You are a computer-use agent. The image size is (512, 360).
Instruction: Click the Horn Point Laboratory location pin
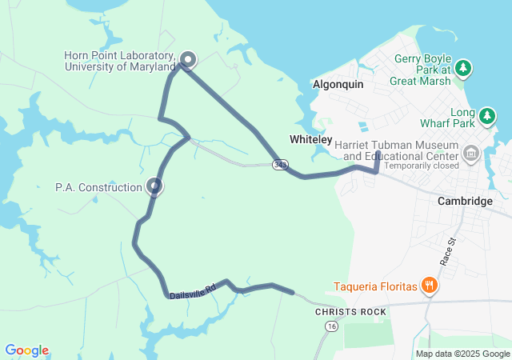[188, 59]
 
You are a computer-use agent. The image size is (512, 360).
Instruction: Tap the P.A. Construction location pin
[154, 186]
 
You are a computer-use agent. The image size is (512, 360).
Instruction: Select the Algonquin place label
[338, 84]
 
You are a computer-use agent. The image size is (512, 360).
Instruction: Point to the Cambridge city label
[465, 201]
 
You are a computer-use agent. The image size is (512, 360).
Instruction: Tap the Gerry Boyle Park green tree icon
[464, 69]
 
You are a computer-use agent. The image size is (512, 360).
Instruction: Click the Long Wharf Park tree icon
[486, 117]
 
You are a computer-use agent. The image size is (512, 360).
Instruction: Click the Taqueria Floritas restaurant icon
[430, 286]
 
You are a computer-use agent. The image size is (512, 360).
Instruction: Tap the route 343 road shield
[279, 165]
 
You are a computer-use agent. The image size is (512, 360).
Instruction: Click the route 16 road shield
[330, 326]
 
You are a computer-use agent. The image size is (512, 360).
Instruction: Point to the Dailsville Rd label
[193, 290]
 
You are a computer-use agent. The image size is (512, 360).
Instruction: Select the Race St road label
[447, 251]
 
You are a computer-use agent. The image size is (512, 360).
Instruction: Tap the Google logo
[27, 350]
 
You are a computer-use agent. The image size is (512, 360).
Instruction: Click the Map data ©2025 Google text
[462, 354]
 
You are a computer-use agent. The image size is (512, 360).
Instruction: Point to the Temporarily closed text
[421, 166]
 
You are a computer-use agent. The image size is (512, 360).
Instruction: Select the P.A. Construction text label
[98, 187]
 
